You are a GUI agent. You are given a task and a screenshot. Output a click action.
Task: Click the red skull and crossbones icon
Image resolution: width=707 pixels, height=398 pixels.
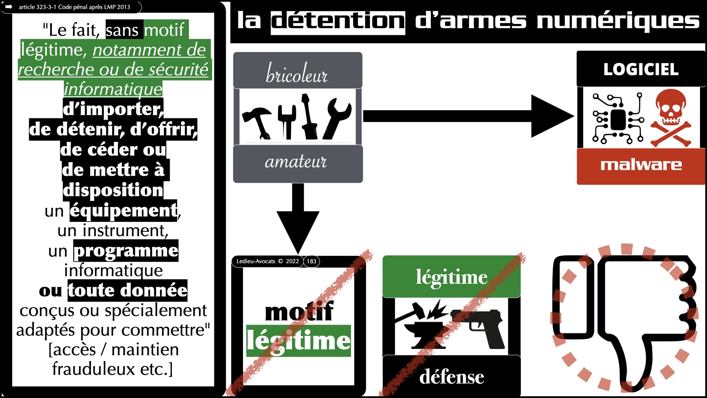click(x=671, y=117)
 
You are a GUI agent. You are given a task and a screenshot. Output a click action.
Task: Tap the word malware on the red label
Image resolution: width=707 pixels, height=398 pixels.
click(x=641, y=165)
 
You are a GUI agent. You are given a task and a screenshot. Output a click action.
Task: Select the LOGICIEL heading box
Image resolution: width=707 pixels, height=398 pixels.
click(x=641, y=69)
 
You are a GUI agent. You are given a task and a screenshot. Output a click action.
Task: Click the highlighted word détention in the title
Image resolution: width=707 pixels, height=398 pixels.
click(x=338, y=21)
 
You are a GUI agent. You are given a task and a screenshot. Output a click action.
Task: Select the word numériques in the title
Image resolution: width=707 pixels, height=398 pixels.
click(x=618, y=21)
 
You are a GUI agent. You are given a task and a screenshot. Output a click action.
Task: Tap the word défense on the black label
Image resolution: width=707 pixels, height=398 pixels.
click(x=451, y=377)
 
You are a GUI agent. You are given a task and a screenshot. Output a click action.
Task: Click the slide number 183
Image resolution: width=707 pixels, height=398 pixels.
click(x=312, y=261)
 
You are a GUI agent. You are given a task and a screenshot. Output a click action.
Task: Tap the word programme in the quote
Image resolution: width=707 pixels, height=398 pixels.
click(x=126, y=251)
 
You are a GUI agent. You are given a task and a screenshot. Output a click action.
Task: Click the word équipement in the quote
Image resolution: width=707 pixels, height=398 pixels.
click(x=123, y=210)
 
